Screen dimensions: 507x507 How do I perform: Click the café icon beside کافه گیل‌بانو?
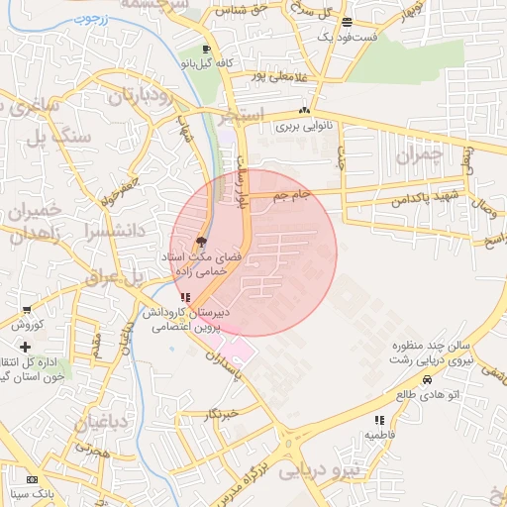click(x=205, y=49)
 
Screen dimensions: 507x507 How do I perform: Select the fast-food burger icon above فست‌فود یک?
click(x=345, y=22)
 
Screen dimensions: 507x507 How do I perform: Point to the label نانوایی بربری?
click(x=300, y=126)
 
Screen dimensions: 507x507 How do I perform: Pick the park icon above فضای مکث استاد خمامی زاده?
click(x=202, y=241)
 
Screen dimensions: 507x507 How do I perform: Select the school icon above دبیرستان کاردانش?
click(x=186, y=296)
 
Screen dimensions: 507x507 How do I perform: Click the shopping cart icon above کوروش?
click(x=25, y=310)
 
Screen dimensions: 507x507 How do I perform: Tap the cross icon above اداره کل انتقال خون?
click(x=25, y=346)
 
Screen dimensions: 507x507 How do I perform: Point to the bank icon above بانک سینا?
click(x=32, y=478)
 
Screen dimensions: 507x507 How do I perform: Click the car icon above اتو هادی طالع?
click(x=427, y=379)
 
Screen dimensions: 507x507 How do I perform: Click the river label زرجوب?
click(x=88, y=17)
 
